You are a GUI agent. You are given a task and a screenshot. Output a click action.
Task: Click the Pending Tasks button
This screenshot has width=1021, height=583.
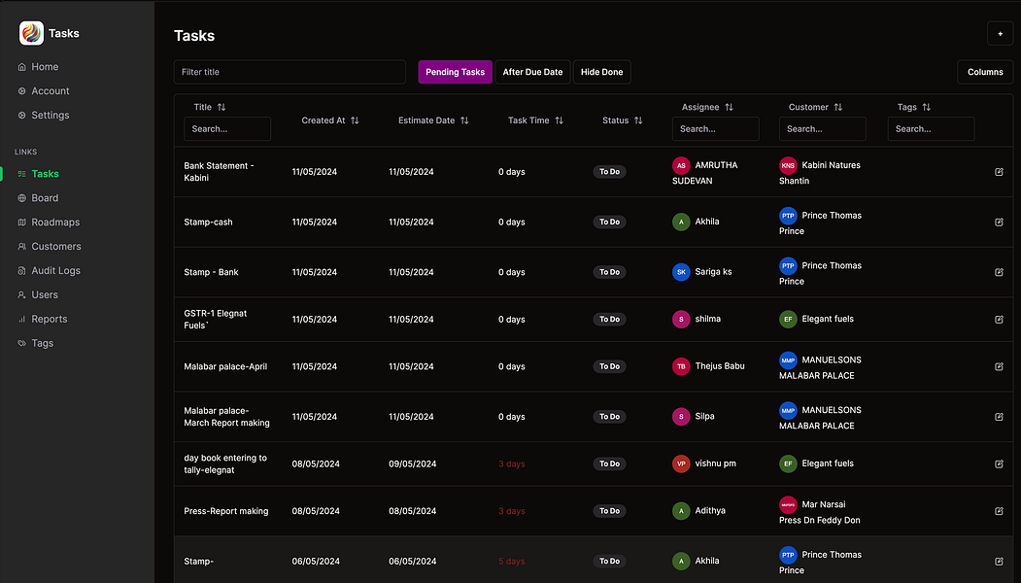pyautogui.click(x=455, y=72)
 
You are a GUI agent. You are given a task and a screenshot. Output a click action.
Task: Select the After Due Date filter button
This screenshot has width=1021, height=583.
pyautogui.click(x=532, y=72)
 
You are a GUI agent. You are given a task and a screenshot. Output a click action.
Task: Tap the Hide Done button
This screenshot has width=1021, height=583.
pyautogui.click(x=601, y=72)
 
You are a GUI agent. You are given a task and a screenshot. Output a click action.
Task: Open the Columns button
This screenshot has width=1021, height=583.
pyautogui.click(x=984, y=72)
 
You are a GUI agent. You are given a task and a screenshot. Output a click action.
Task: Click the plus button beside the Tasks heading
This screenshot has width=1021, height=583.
pyautogui.click(x=1000, y=33)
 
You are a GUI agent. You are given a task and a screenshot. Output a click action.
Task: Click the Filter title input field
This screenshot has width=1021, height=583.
pyautogui.click(x=289, y=72)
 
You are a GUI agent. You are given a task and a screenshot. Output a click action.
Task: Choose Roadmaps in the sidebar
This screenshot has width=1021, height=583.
pyautogui.click(x=54, y=223)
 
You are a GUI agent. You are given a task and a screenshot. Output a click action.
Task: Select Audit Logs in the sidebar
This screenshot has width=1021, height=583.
pyautogui.click(x=55, y=271)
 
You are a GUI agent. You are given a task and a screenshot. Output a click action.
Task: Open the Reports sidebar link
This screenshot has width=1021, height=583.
pyautogui.click(x=49, y=319)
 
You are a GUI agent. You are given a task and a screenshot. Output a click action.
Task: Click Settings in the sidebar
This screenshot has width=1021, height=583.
pyautogui.click(x=50, y=115)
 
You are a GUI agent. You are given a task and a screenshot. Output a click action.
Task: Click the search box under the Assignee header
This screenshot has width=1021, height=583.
pyautogui.click(x=715, y=128)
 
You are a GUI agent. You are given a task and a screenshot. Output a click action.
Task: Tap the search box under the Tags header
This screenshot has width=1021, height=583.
pyautogui.click(x=931, y=128)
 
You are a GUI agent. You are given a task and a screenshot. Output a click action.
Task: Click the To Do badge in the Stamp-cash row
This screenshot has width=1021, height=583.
pyautogui.click(x=609, y=223)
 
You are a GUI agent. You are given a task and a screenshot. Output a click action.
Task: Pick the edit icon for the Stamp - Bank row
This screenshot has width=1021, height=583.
pyautogui.click(x=999, y=272)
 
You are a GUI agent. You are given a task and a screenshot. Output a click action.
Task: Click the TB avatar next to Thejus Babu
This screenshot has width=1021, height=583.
pyautogui.click(x=681, y=366)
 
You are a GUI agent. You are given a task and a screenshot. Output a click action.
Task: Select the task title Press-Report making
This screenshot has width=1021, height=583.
pyautogui.click(x=225, y=511)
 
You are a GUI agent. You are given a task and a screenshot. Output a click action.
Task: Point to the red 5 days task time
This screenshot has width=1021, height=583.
pyautogui.click(x=512, y=562)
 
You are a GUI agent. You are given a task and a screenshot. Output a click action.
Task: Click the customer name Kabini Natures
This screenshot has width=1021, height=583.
pyautogui.click(x=831, y=165)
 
